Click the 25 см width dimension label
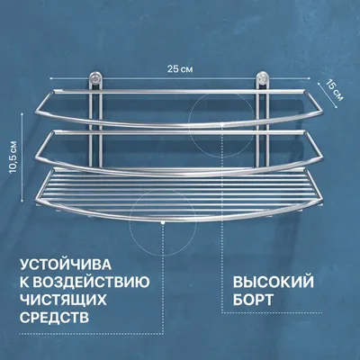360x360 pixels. click(180, 69)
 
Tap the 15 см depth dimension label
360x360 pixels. click(335, 90)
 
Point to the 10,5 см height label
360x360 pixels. click(14, 157)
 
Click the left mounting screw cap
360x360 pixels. click(96, 78)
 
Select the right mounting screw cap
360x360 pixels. click(262, 78)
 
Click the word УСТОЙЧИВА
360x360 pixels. click(66, 265)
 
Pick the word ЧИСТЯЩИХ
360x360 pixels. click(63, 300)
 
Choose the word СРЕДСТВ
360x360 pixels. click(55, 318)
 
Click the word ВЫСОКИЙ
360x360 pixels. click(274, 283)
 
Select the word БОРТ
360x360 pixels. click(253, 300)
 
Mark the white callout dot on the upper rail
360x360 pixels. click(221, 123)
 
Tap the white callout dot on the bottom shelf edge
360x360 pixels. click(162, 223)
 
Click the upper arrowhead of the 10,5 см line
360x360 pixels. click(22, 114)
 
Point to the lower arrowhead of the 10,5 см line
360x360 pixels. click(22, 200)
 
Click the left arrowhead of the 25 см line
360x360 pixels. click(51, 78)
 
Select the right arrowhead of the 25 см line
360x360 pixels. click(309, 78)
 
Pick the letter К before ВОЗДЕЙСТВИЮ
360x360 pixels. click(25, 283)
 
